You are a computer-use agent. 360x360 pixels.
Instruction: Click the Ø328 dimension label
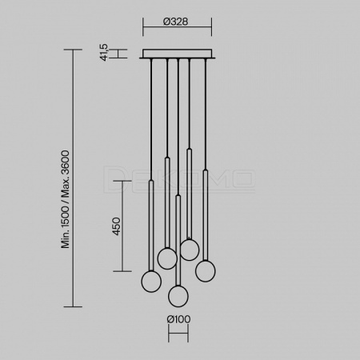(x=175, y=22)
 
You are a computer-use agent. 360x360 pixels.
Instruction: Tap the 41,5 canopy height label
(x=104, y=52)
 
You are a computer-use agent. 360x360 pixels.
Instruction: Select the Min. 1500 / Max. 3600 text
(x=66, y=199)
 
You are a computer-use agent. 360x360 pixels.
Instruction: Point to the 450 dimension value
(x=117, y=226)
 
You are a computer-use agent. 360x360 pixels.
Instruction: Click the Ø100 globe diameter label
(x=178, y=319)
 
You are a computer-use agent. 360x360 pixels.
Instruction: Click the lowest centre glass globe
(x=178, y=296)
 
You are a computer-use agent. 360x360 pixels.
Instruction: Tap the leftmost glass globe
(x=151, y=282)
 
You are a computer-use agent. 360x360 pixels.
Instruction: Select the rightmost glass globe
(x=206, y=271)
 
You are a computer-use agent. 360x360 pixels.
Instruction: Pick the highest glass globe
(x=190, y=250)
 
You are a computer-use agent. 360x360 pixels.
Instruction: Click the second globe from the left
(x=167, y=258)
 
